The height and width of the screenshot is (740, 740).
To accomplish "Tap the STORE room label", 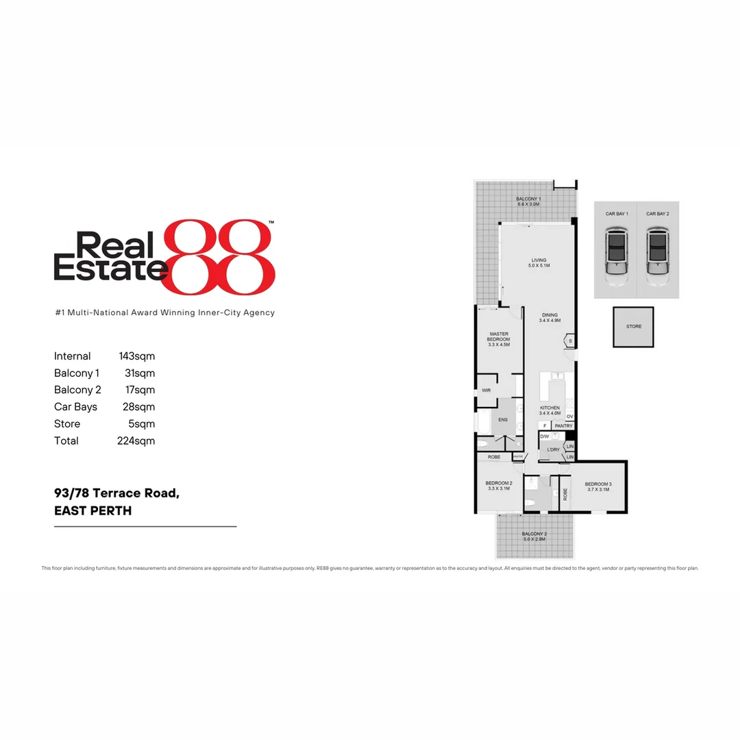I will click(x=634, y=326).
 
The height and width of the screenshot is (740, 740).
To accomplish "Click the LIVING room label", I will click(x=539, y=260).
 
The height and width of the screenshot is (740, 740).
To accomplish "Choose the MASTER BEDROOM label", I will click(x=499, y=336).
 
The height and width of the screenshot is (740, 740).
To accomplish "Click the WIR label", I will click(x=486, y=390).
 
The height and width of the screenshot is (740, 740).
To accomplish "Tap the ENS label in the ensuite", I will click(x=503, y=419).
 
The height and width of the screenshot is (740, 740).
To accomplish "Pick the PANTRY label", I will click(x=563, y=425).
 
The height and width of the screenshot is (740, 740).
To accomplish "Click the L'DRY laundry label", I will click(x=553, y=449).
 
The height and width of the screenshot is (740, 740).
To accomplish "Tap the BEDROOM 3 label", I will click(x=598, y=484).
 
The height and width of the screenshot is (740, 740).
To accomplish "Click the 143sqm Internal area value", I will click(x=137, y=356).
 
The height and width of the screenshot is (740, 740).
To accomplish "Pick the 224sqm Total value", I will click(x=136, y=441).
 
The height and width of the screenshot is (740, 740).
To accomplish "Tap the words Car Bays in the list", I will click(x=75, y=407).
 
